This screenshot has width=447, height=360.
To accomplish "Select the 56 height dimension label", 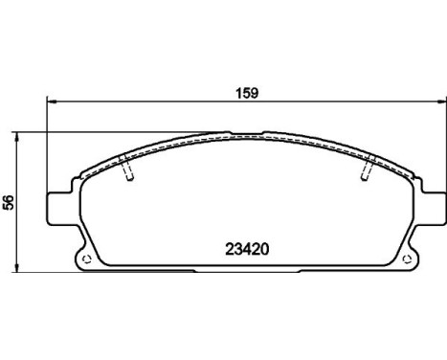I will [x=9, y=202].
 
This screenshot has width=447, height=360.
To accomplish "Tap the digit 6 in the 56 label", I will [x=9, y=197].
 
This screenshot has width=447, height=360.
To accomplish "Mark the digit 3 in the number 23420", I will [x=235, y=245].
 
